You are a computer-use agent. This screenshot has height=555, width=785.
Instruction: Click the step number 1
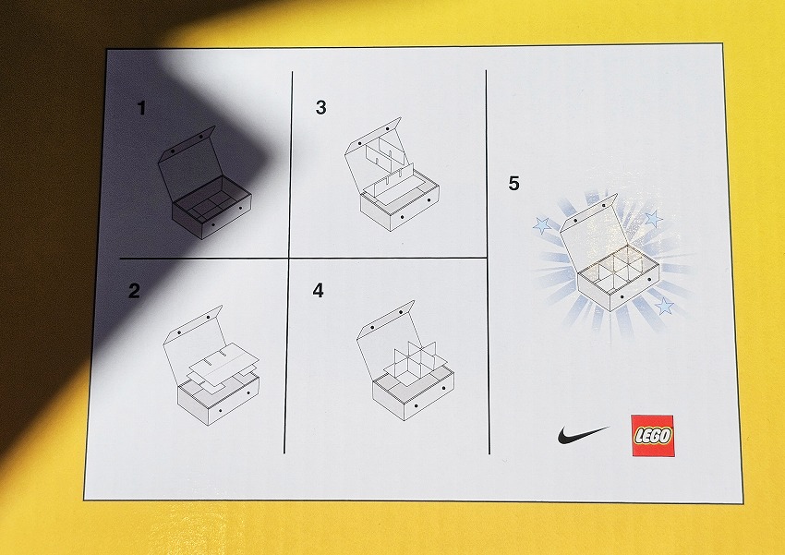(x=141, y=108)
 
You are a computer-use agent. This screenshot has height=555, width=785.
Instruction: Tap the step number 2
(x=134, y=291)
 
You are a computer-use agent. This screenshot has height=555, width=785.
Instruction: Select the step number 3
(x=320, y=107)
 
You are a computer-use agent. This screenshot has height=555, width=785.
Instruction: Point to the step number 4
(x=319, y=290)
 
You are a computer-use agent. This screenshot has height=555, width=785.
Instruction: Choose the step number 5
(x=513, y=183)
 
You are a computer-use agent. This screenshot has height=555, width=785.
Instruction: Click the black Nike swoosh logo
(x=584, y=434)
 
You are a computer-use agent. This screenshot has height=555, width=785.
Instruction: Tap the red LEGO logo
(x=652, y=435)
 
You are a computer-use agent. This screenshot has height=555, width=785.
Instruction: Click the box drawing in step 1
(x=204, y=183)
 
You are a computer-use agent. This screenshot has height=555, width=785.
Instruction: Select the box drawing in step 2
(x=211, y=366)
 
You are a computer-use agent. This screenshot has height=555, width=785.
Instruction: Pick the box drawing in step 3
(x=392, y=175)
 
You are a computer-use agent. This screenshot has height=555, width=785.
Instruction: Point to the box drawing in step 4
(x=405, y=360)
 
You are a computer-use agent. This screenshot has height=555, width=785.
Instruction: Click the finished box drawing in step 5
(x=610, y=252)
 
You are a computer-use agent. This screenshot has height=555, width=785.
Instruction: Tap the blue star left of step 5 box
(x=542, y=224)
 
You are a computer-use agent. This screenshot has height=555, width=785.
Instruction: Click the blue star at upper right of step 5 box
(x=653, y=218)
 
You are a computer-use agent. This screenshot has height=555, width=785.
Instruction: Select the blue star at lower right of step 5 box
(x=664, y=306)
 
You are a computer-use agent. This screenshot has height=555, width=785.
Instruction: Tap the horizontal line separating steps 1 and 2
(x=204, y=259)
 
